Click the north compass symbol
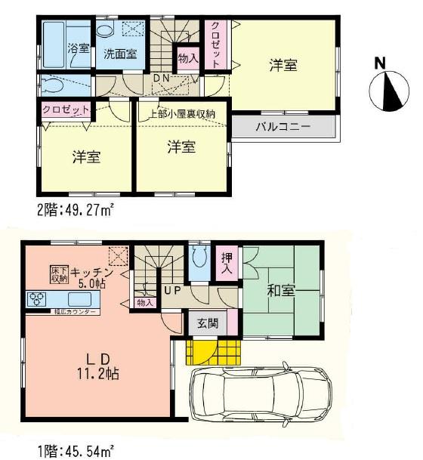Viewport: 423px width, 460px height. click(389, 89)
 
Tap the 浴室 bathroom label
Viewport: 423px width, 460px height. click(78, 49)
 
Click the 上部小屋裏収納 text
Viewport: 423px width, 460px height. click(181, 115)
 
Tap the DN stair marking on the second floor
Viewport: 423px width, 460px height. click(161, 77)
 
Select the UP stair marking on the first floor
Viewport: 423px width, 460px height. click(171, 289)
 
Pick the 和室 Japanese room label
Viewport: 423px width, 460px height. click(279, 289)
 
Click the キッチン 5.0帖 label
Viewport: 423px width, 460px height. click(94, 276)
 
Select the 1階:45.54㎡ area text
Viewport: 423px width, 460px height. click(75, 451)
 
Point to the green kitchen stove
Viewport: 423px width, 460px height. click(37, 298)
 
